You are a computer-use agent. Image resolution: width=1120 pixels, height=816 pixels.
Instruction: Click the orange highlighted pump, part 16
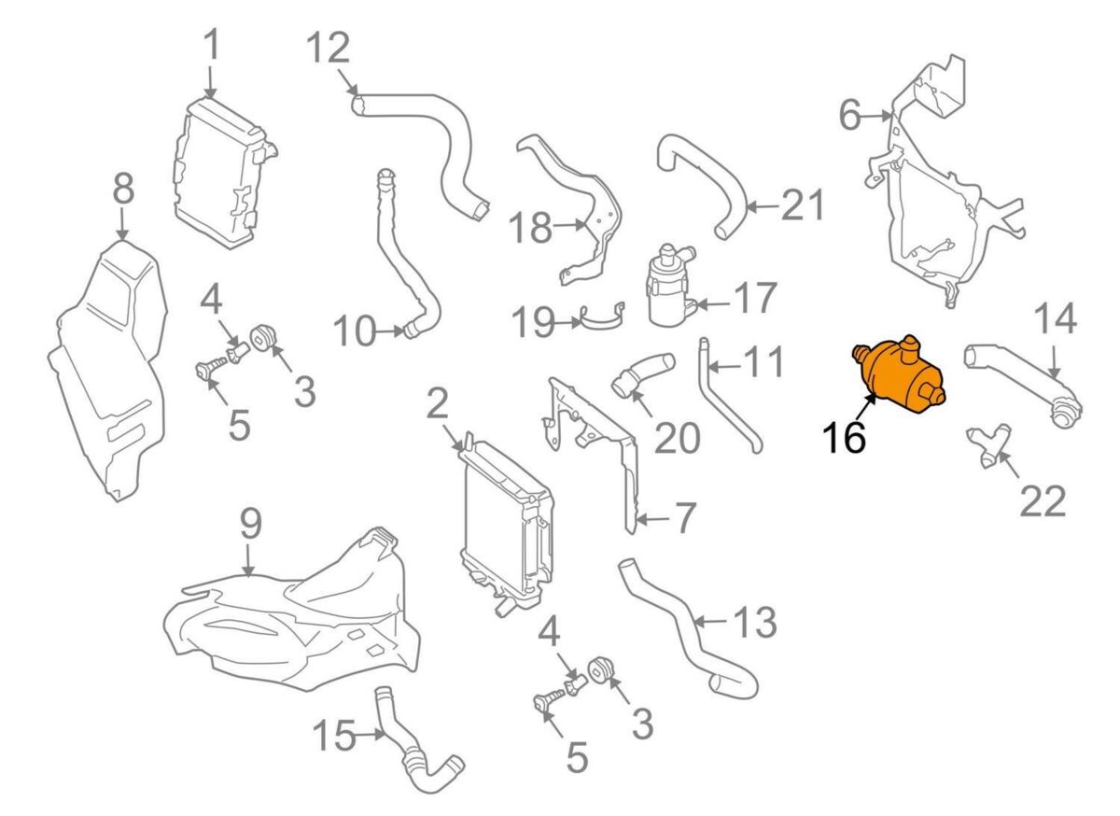[902, 375]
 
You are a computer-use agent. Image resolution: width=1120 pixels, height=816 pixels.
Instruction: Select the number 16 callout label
[844, 437]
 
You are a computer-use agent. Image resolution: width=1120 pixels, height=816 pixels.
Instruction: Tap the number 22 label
[1042, 501]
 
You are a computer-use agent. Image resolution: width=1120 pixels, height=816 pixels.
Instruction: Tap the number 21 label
[804, 206]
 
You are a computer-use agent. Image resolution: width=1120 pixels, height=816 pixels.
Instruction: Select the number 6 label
[849, 117]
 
